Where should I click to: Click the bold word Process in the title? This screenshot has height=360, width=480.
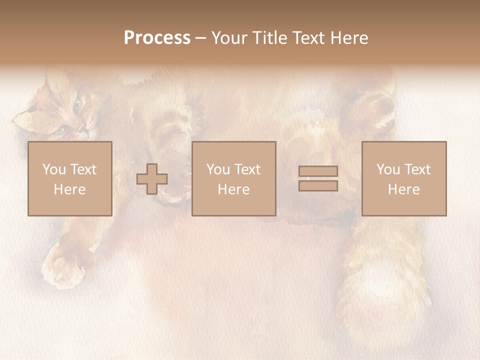coord(157,38)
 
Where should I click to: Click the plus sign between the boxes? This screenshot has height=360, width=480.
coord(152,179)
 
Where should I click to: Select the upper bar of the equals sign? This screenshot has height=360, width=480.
coord(318,171)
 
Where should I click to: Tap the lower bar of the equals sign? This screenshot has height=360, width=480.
coord(318,185)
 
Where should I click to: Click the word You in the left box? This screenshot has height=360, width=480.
coord(54,169)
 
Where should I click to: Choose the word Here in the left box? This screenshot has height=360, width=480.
coord(69,189)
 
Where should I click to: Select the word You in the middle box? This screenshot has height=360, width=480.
coord(218,169)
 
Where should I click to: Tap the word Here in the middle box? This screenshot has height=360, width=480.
coord(233,189)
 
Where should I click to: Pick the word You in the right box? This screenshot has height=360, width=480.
coord(388,169)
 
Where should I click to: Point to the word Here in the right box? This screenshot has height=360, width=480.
coord(403,189)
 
